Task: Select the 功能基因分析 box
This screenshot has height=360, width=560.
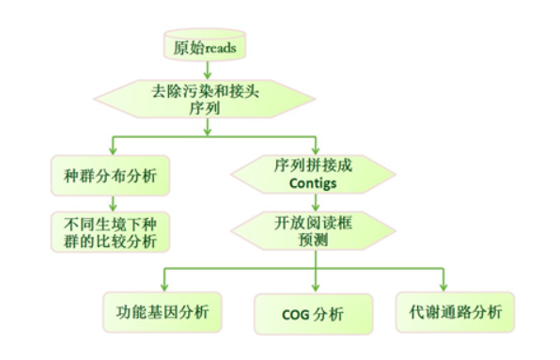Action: pyautogui.click(x=163, y=312)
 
